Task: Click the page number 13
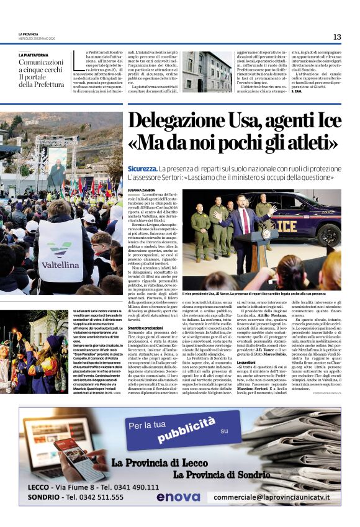[x=337, y=37]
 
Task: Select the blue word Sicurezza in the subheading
[x=142, y=168]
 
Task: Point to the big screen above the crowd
[x=57, y=166]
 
